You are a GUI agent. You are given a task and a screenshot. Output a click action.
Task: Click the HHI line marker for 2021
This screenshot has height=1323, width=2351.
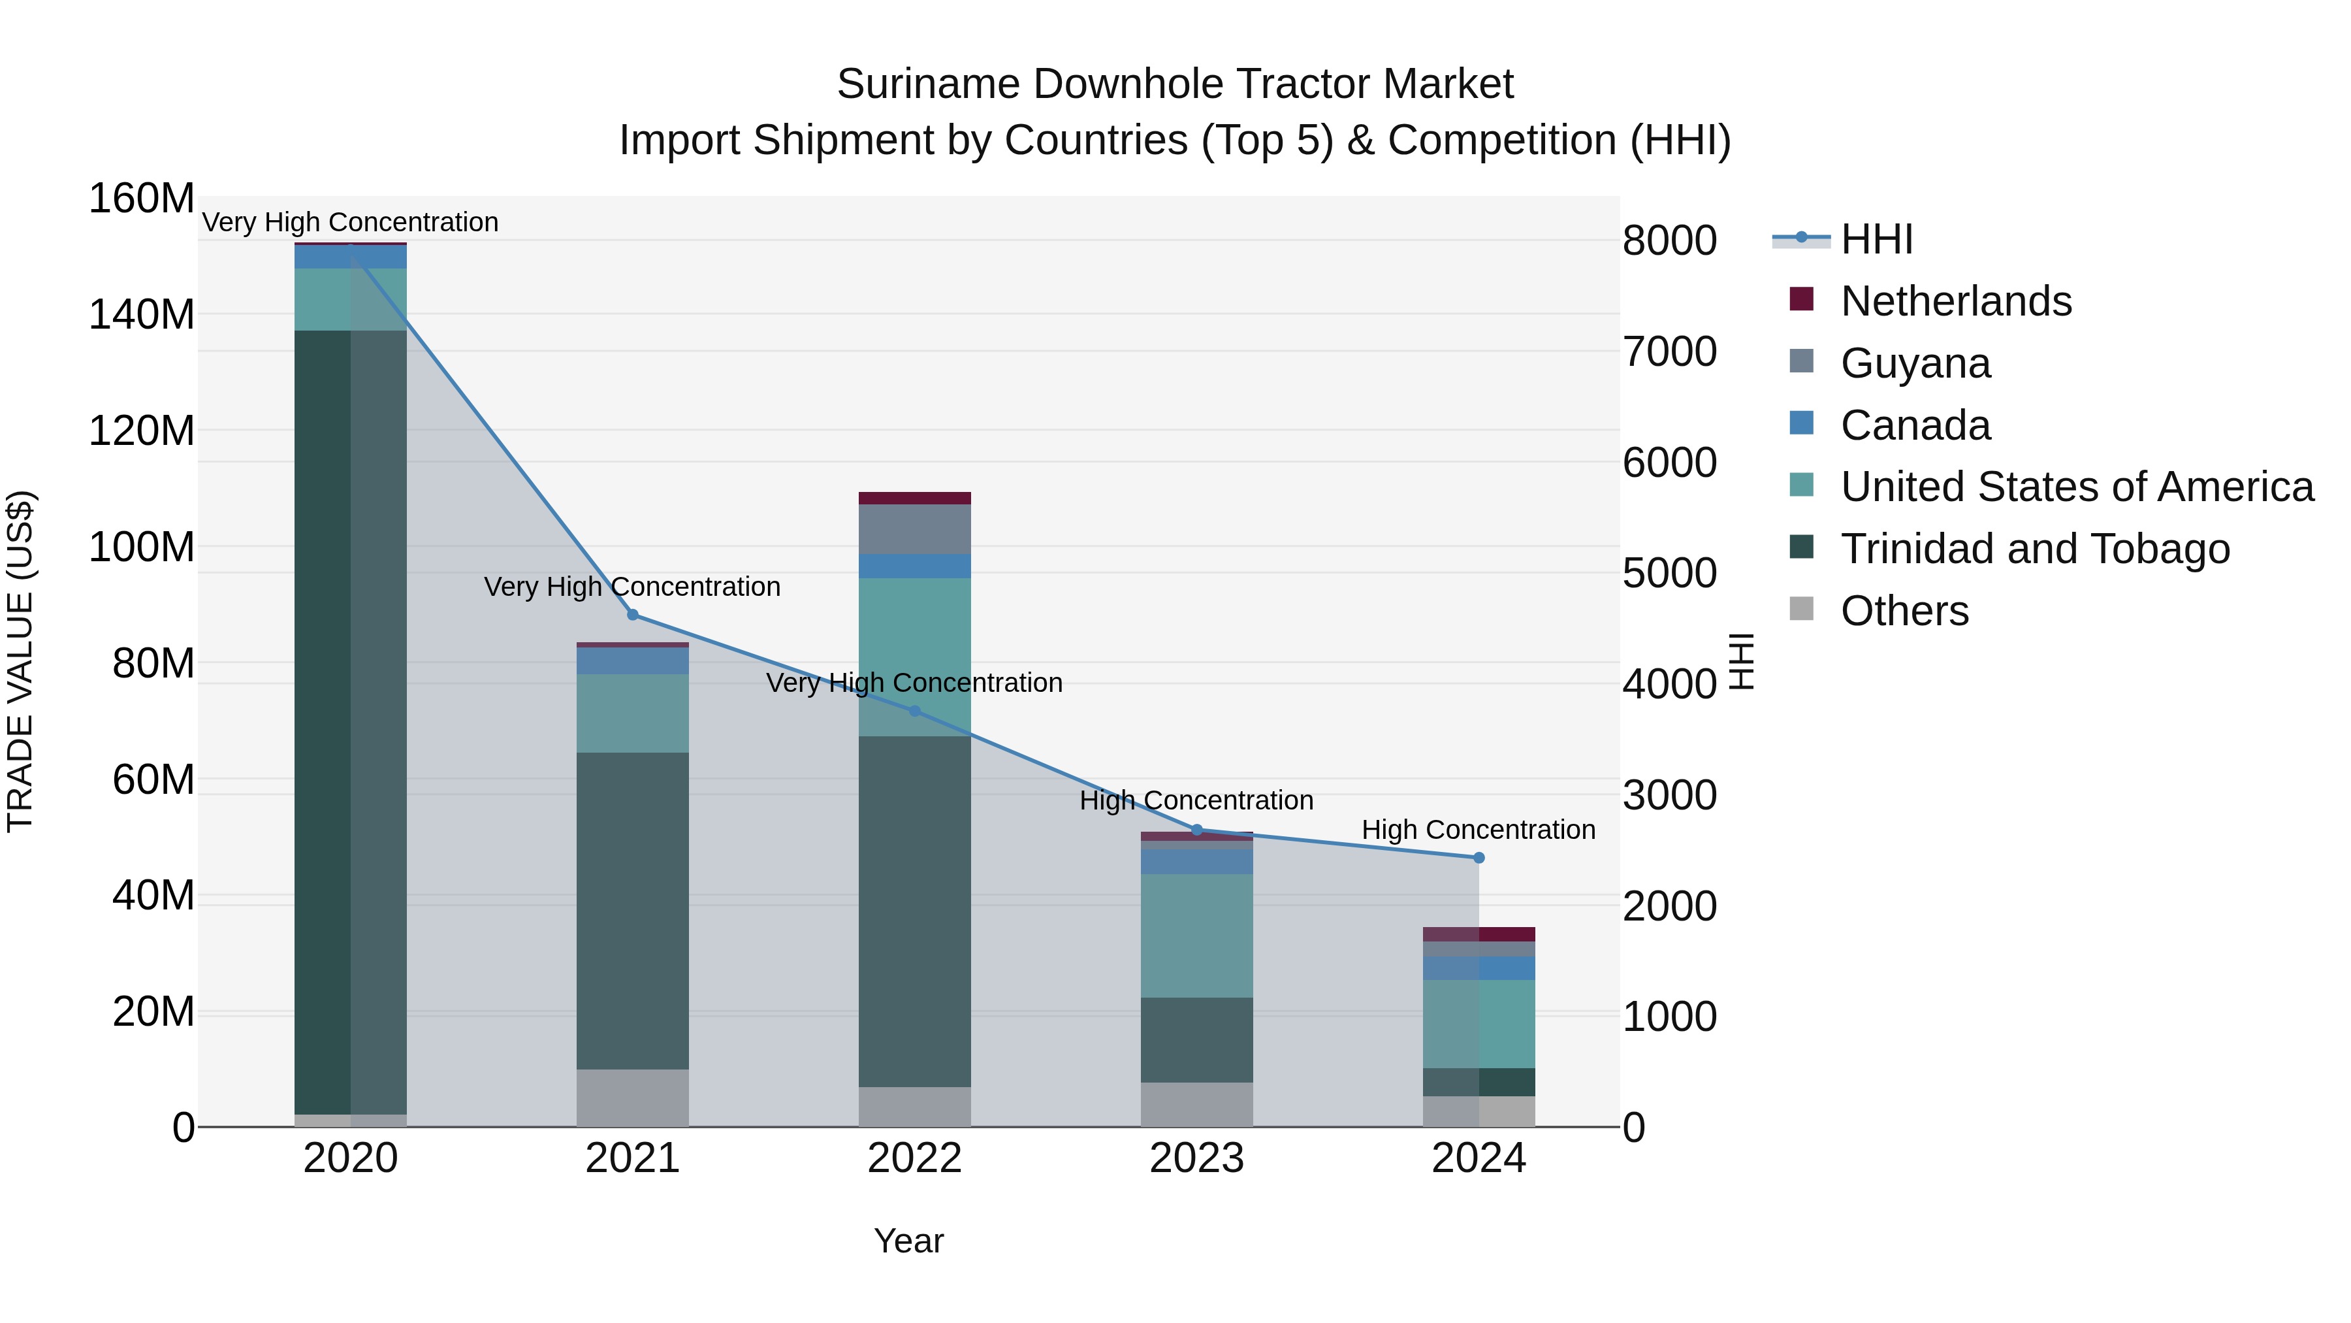632,615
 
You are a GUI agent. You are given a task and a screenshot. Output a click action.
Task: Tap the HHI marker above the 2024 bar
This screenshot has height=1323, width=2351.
1479,857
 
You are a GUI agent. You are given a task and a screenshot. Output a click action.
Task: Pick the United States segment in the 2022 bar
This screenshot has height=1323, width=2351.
914,657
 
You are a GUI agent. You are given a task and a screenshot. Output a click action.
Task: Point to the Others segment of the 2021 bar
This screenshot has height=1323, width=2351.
632,1098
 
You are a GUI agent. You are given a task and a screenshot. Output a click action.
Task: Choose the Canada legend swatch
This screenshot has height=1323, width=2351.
1802,423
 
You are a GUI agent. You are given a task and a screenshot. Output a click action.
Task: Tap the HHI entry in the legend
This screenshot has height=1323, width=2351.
1876,239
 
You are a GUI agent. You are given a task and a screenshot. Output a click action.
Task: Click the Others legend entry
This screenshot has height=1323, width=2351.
1904,611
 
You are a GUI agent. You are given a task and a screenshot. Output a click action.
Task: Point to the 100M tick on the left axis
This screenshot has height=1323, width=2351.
142,547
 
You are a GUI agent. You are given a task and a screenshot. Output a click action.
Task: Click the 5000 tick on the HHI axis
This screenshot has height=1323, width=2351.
1669,574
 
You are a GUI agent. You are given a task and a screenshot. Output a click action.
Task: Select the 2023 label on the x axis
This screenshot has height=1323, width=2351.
1196,1158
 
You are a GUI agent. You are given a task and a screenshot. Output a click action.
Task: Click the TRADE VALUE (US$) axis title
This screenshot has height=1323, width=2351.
20,661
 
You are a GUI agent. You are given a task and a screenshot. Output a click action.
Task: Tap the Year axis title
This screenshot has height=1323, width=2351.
908,1241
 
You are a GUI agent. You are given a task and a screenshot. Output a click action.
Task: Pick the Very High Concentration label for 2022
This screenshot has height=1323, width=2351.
914,682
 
